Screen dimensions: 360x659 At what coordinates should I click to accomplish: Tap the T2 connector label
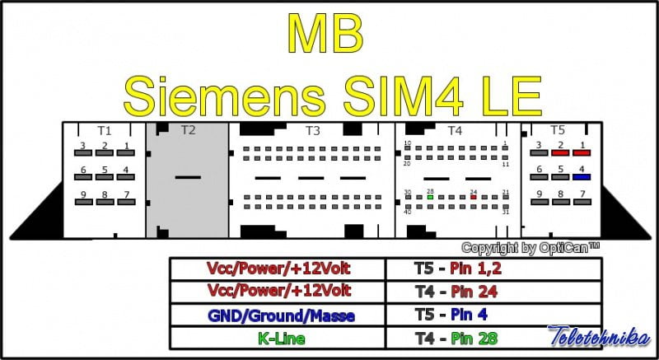pyautogui.click(x=188, y=130)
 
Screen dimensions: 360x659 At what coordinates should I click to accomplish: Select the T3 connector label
pyautogui.click(x=312, y=130)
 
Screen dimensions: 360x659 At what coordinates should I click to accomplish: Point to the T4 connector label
pyautogui.click(x=455, y=130)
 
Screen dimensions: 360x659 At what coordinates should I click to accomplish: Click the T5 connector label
pyautogui.click(x=558, y=130)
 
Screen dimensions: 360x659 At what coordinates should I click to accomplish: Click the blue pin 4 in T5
pyautogui.click(x=582, y=176)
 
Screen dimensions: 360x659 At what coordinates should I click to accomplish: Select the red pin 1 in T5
pyautogui.click(x=582, y=152)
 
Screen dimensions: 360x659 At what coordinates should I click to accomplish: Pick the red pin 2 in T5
pyautogui.click(x=560, y=152)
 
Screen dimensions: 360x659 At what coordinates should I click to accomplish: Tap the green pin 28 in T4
pyautogui.click(x=430, y=197)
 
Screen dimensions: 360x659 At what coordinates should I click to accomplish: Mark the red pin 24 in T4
pyautogui.click(x=473, y=197)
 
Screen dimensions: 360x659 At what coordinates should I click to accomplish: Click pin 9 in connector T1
pyautogui.click(x=82, y=202)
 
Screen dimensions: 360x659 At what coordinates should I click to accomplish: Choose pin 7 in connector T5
pyautogui.click(x=582, y=202)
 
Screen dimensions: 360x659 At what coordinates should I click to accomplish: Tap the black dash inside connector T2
pyautogui.click(x=188, y=177)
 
